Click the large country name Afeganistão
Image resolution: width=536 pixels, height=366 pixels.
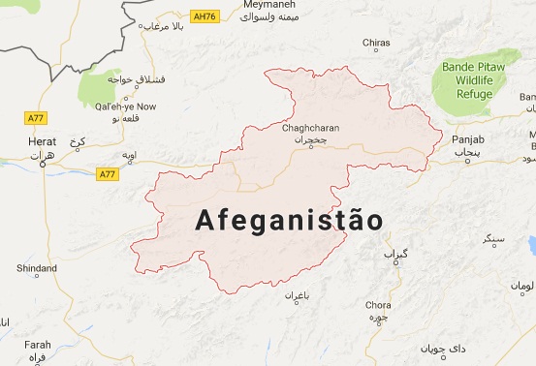click(x=288, y=220)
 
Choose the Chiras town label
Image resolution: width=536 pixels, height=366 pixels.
click(x=375, y=44)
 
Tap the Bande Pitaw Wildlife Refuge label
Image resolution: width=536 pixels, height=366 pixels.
click(x=476, y=80)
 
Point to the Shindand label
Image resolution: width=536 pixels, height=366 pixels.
click(x=37, y=267)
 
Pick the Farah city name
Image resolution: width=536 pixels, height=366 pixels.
click(x=37, y=344)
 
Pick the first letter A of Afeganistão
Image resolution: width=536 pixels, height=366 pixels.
click(x=205, y=220)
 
